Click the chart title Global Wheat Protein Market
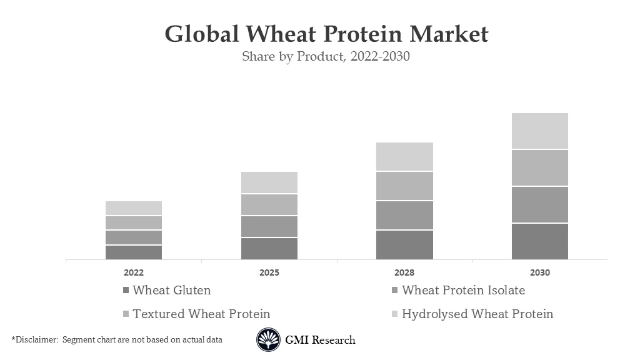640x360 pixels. (x=326, y=34)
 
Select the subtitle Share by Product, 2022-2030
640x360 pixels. (x=326, y=56)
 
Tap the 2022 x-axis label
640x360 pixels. (x=134, y=272)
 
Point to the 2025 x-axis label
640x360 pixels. (x=269, y=272)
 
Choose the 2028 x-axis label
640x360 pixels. (x=404, y=272)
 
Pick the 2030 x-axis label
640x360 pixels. (x=540, y=272)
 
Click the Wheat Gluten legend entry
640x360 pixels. (x=171, y=290)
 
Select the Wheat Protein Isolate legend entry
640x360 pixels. (x=462, y=290)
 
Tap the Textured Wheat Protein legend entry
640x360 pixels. (x=201, y=314)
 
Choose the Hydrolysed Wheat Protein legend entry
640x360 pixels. (x=477, y=314)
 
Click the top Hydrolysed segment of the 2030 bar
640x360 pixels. (x=540, y=131)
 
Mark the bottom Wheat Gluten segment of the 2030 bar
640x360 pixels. (x=540, y=241)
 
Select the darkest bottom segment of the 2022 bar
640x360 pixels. (x=134, y=252)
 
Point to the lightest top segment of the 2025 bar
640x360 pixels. (x=269, y=182)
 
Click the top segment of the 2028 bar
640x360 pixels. (x=404, y=156)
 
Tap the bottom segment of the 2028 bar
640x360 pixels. (x=404, y=244)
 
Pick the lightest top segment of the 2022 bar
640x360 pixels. (x=134, y=208)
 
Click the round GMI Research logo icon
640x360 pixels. (x=268, y=340)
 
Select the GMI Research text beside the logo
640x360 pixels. (x=320, y=340)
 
